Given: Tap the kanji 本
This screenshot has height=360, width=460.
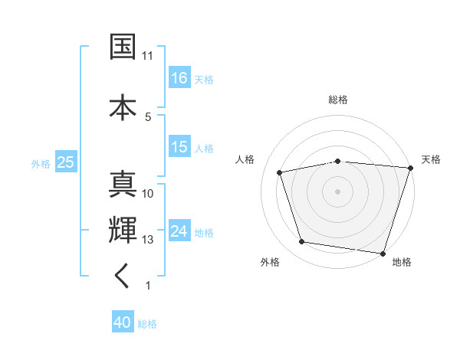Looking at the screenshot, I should click(x=123, y=106).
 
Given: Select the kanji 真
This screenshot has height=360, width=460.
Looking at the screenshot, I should click(x=123, y=184).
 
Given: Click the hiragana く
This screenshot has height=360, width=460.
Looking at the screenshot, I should click(x=123, y=277).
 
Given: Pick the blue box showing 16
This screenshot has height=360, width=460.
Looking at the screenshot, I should click(x=179, y=78).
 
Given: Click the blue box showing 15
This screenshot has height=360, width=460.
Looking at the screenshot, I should click(x=179, y=147).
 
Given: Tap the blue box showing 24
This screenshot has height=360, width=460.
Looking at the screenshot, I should click(x=179, y=231).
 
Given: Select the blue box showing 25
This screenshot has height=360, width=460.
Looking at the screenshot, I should click(x=65, y=162).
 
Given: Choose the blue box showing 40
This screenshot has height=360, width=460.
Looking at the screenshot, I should click(x=123, y=323).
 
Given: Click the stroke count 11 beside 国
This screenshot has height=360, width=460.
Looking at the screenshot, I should click(x=148, y=56).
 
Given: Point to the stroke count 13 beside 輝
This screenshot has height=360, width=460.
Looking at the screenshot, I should click(x=148, y=240).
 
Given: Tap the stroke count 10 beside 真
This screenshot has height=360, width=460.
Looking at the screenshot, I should click(x=148, y=194).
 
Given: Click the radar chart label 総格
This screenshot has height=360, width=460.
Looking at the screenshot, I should click(x=338, y=100).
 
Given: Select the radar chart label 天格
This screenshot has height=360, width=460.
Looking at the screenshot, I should click(x=432, y=159).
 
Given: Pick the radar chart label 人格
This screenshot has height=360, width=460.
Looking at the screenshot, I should click(x=245, y=159).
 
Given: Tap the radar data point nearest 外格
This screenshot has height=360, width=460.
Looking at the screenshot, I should click(x=302, y=242).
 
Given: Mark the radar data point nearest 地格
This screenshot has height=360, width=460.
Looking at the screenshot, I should click(x=383, y=253).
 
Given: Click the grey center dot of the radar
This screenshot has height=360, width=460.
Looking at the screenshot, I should click(x=338, y=191).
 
